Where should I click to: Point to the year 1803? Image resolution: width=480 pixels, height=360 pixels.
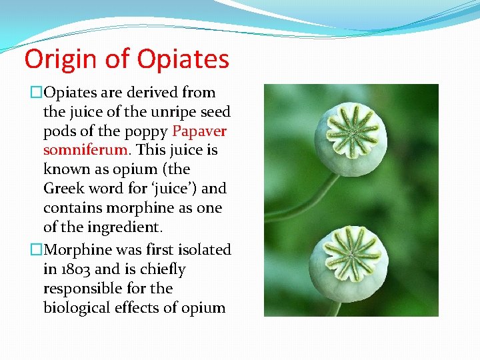tap(78, 269)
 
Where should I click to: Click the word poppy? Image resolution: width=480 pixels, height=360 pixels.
tap(146, 131)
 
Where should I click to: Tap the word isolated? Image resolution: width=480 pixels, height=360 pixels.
tap(199, 250)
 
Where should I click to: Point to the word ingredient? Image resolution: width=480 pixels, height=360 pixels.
tap(127, 227)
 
